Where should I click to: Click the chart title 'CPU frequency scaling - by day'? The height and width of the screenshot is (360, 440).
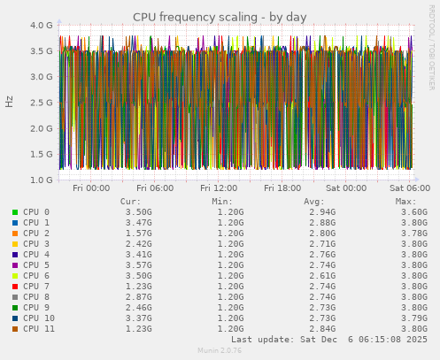pyautogui.click(x=220, y=17)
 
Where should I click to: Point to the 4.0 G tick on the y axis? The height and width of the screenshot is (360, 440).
pyautogui.click(x=42, y=26)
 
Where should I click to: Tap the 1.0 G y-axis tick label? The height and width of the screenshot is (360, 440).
pyautogui.click(x=42, y=180)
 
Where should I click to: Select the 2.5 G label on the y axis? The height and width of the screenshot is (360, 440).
pyautogui.click(x=42, y=103)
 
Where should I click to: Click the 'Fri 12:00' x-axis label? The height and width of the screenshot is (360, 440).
pyautogui.click(x=219, y=188)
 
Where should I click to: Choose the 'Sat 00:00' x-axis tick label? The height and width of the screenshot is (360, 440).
pyautogui.click(x=346, y=188)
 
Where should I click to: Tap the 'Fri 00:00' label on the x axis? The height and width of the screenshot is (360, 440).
pyautogui.click(x=91, y=188)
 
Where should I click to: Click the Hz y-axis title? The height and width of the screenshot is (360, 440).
pyautogui.click(x=10, y=101)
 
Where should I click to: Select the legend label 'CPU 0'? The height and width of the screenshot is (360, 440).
pyautogui.click(x=36, y=212)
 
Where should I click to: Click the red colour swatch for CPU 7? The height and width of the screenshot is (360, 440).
pyautogui.click(x=15, y=287)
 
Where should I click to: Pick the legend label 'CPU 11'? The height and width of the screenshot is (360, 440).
pyautogui.click(x=39, y=329)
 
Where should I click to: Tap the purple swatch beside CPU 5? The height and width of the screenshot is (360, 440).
pyautogui.click(x=15, y=265)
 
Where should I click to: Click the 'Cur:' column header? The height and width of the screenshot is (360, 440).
pyautogui.click(x=130, y=202)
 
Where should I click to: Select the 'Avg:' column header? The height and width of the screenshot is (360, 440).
pyautogui.click(x=314, y=202)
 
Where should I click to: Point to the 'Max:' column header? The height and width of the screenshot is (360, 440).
pyautogui.click(x=406, y=202)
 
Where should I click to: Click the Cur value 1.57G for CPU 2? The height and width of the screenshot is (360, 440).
pyautogui.click(x=138, y=234)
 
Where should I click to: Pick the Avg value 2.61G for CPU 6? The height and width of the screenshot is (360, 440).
pyautogui.click(x=322, y=276)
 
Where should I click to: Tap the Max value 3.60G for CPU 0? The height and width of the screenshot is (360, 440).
pyautogui.click(x=414, y=212)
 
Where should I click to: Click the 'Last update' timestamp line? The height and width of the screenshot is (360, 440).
pyautogui.click(x=329, y=340)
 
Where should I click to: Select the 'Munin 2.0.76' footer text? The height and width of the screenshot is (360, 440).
pyautogui.click(x=220, y=351)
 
